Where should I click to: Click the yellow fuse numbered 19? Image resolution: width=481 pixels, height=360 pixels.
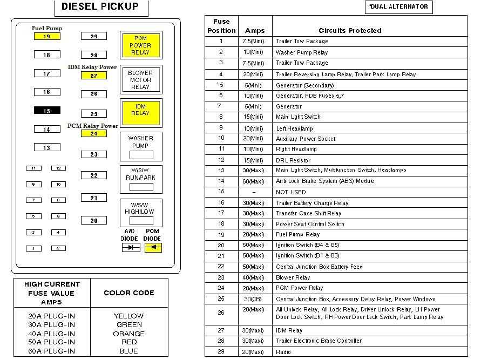click(x=47, y=37)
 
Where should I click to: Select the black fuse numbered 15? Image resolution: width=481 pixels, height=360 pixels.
click(x=47, y=111)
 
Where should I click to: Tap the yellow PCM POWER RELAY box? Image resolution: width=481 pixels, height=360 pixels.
click(x=140, y=45)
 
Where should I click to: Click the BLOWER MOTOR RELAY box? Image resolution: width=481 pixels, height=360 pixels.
click(x=140, y=80)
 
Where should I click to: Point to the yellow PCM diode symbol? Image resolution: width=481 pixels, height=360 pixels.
click(x=153, y=248)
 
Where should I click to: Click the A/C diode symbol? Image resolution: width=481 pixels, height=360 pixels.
click(x=130, y=248)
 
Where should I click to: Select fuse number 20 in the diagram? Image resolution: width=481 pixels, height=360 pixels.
click(x=94, y=221)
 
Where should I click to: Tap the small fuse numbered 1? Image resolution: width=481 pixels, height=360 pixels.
click(x=33, y=249)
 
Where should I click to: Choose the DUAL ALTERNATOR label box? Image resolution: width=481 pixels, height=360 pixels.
click(x=399, y=7)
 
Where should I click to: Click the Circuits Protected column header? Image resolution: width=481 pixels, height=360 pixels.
click(x=350, y=31)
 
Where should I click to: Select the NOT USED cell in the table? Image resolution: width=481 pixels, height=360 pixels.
click(x=291, y=192)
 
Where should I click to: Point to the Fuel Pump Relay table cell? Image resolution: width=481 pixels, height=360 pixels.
click(x=298, y=235)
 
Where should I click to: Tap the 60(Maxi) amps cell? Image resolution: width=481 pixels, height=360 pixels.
click(x=254, y=181)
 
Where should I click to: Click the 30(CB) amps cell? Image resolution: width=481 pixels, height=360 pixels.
click(x=254, y=299)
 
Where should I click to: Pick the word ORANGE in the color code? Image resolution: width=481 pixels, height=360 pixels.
click(x=129, y=334)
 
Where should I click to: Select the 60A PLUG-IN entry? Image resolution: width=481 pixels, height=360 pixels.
click(x=52, y=351)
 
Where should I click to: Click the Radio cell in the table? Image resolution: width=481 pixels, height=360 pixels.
click(x=283, y=352)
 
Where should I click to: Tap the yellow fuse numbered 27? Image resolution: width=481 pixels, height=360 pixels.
click(x=94, y=76)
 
